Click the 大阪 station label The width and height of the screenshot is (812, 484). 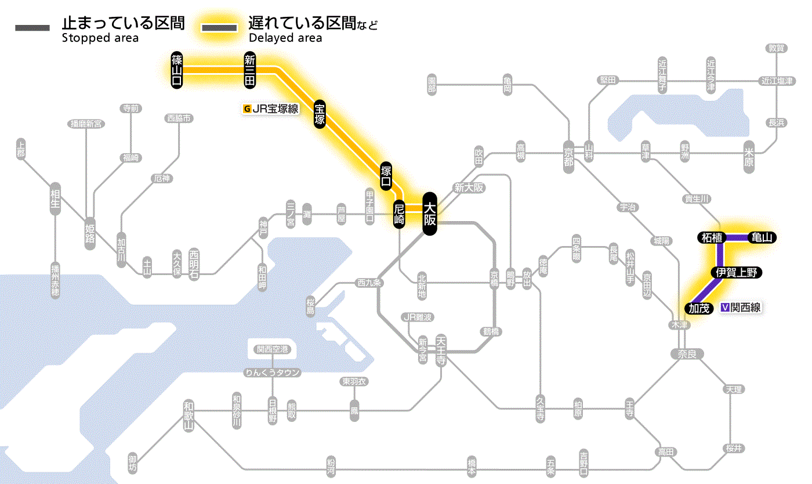click(x=429, y=214)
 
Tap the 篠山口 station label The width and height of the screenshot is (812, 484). click(x=177, y=70)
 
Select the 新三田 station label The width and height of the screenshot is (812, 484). click(x=250, y=70)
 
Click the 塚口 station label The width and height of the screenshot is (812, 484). click(x=386, y=177)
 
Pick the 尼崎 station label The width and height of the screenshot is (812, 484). click(x=399, y=214)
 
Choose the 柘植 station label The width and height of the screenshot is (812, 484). click(x=711, y=237)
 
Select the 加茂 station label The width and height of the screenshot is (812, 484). click(x=698, y=308)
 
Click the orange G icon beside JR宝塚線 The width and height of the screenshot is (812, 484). click(x=248, y=108)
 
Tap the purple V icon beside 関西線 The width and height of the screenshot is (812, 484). click(x=724, y=308)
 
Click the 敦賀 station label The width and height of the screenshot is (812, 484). click(x=775, y=48)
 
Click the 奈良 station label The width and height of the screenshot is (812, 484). click(x=686, y=353)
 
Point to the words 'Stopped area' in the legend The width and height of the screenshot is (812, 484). click(x=100, y=38)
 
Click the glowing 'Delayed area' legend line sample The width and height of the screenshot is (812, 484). click(x=219, y=27)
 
